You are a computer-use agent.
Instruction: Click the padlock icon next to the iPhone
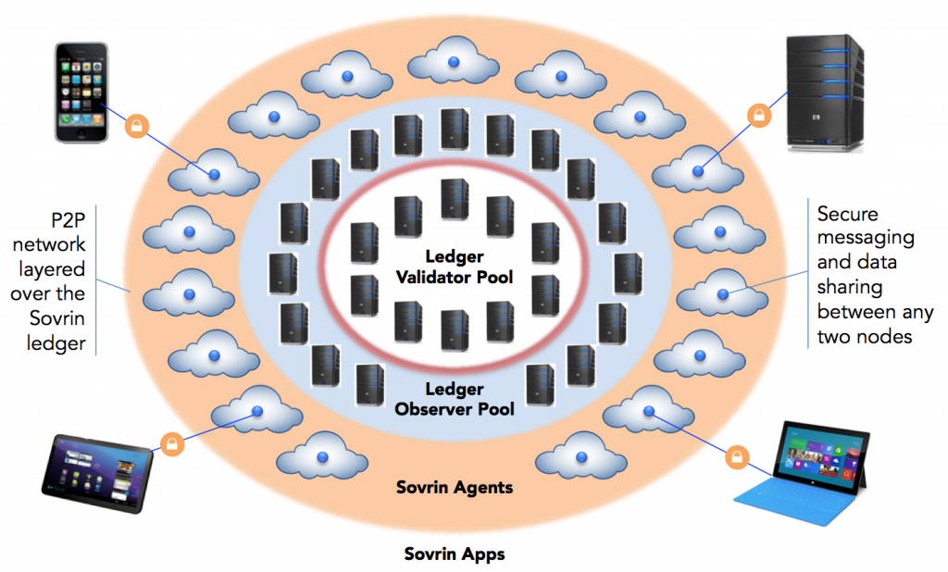point(137,125)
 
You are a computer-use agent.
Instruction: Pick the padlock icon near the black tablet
point(170,444)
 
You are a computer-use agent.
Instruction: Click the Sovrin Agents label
point(454,487)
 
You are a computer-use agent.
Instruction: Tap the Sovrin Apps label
point(454,554)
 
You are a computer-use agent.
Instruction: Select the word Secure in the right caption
point(846,215)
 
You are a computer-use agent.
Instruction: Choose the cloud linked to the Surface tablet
point(647,411)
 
